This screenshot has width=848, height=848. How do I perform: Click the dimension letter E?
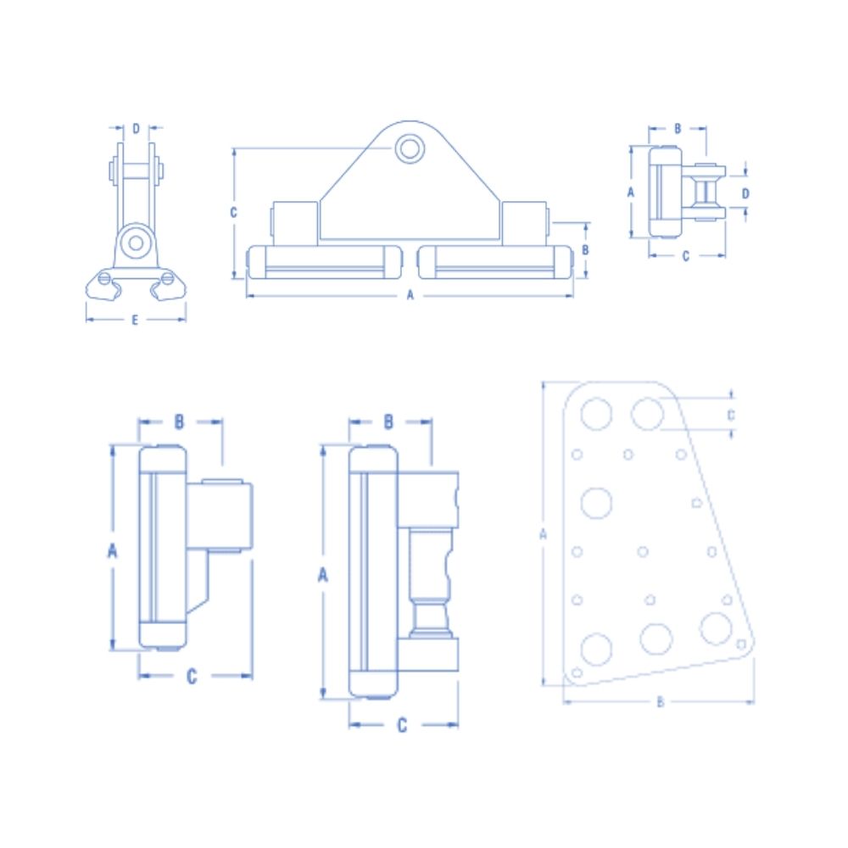(x=135, y=321)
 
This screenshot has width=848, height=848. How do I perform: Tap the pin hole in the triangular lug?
(x=410, y=148)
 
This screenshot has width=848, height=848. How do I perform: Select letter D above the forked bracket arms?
(x=136, y=129)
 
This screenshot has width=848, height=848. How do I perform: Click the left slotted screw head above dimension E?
(x=104, y=278)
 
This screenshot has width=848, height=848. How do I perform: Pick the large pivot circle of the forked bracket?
(x=136, y=243)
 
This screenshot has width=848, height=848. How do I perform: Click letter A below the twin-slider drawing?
(x=410, y=295)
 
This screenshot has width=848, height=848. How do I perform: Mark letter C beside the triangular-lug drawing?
(x=234, y=213)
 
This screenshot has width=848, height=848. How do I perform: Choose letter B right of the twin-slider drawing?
(x=585, y=250)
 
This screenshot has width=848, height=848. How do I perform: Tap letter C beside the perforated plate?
(x=731, y=416)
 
